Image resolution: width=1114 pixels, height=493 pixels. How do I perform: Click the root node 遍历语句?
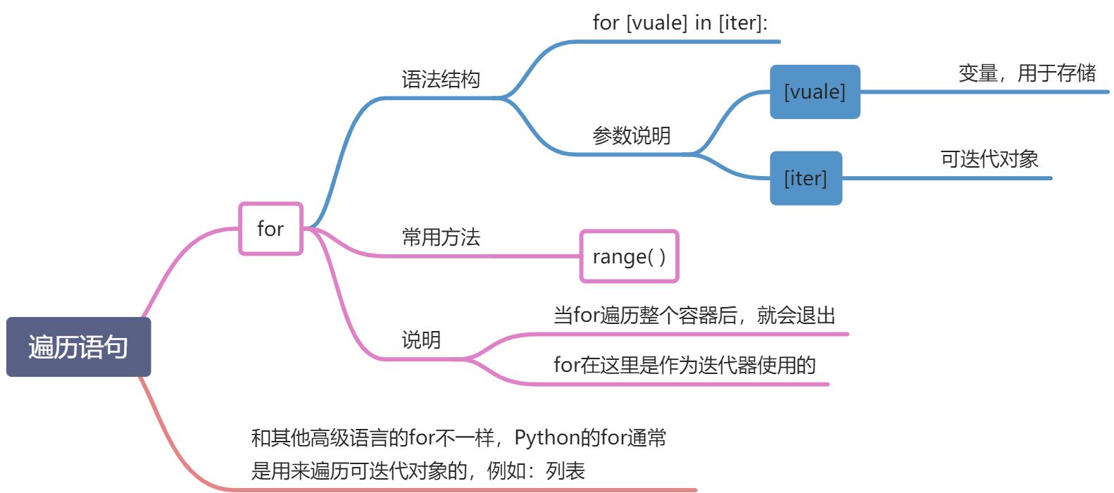point(78,347)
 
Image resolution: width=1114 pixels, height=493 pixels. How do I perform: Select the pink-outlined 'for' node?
point(270,229)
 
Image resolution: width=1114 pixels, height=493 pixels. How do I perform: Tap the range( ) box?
point(629,257)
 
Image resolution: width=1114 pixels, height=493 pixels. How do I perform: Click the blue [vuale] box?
point(815,92)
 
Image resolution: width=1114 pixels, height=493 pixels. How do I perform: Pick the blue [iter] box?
point(806,178)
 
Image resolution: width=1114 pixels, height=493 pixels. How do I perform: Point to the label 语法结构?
point(441,80)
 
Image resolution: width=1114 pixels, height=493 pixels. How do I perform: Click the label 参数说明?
point(631,135)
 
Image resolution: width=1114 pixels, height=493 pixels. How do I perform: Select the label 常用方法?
point(441,237)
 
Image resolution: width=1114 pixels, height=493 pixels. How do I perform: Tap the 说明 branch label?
point(421,340)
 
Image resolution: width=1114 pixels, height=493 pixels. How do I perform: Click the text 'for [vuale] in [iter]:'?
point(680,23)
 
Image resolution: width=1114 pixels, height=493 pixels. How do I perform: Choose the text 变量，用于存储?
point(1027,73)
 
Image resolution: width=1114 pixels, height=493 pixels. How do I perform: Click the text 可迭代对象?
point(989,159)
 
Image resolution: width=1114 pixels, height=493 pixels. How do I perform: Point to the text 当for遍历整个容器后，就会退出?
point(694,315)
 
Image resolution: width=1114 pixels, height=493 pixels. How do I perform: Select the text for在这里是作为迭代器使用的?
point(684,365)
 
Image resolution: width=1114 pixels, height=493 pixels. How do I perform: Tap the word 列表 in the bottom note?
point(565,470)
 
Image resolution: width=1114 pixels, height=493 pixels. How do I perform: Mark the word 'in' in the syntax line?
point(703,23)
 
